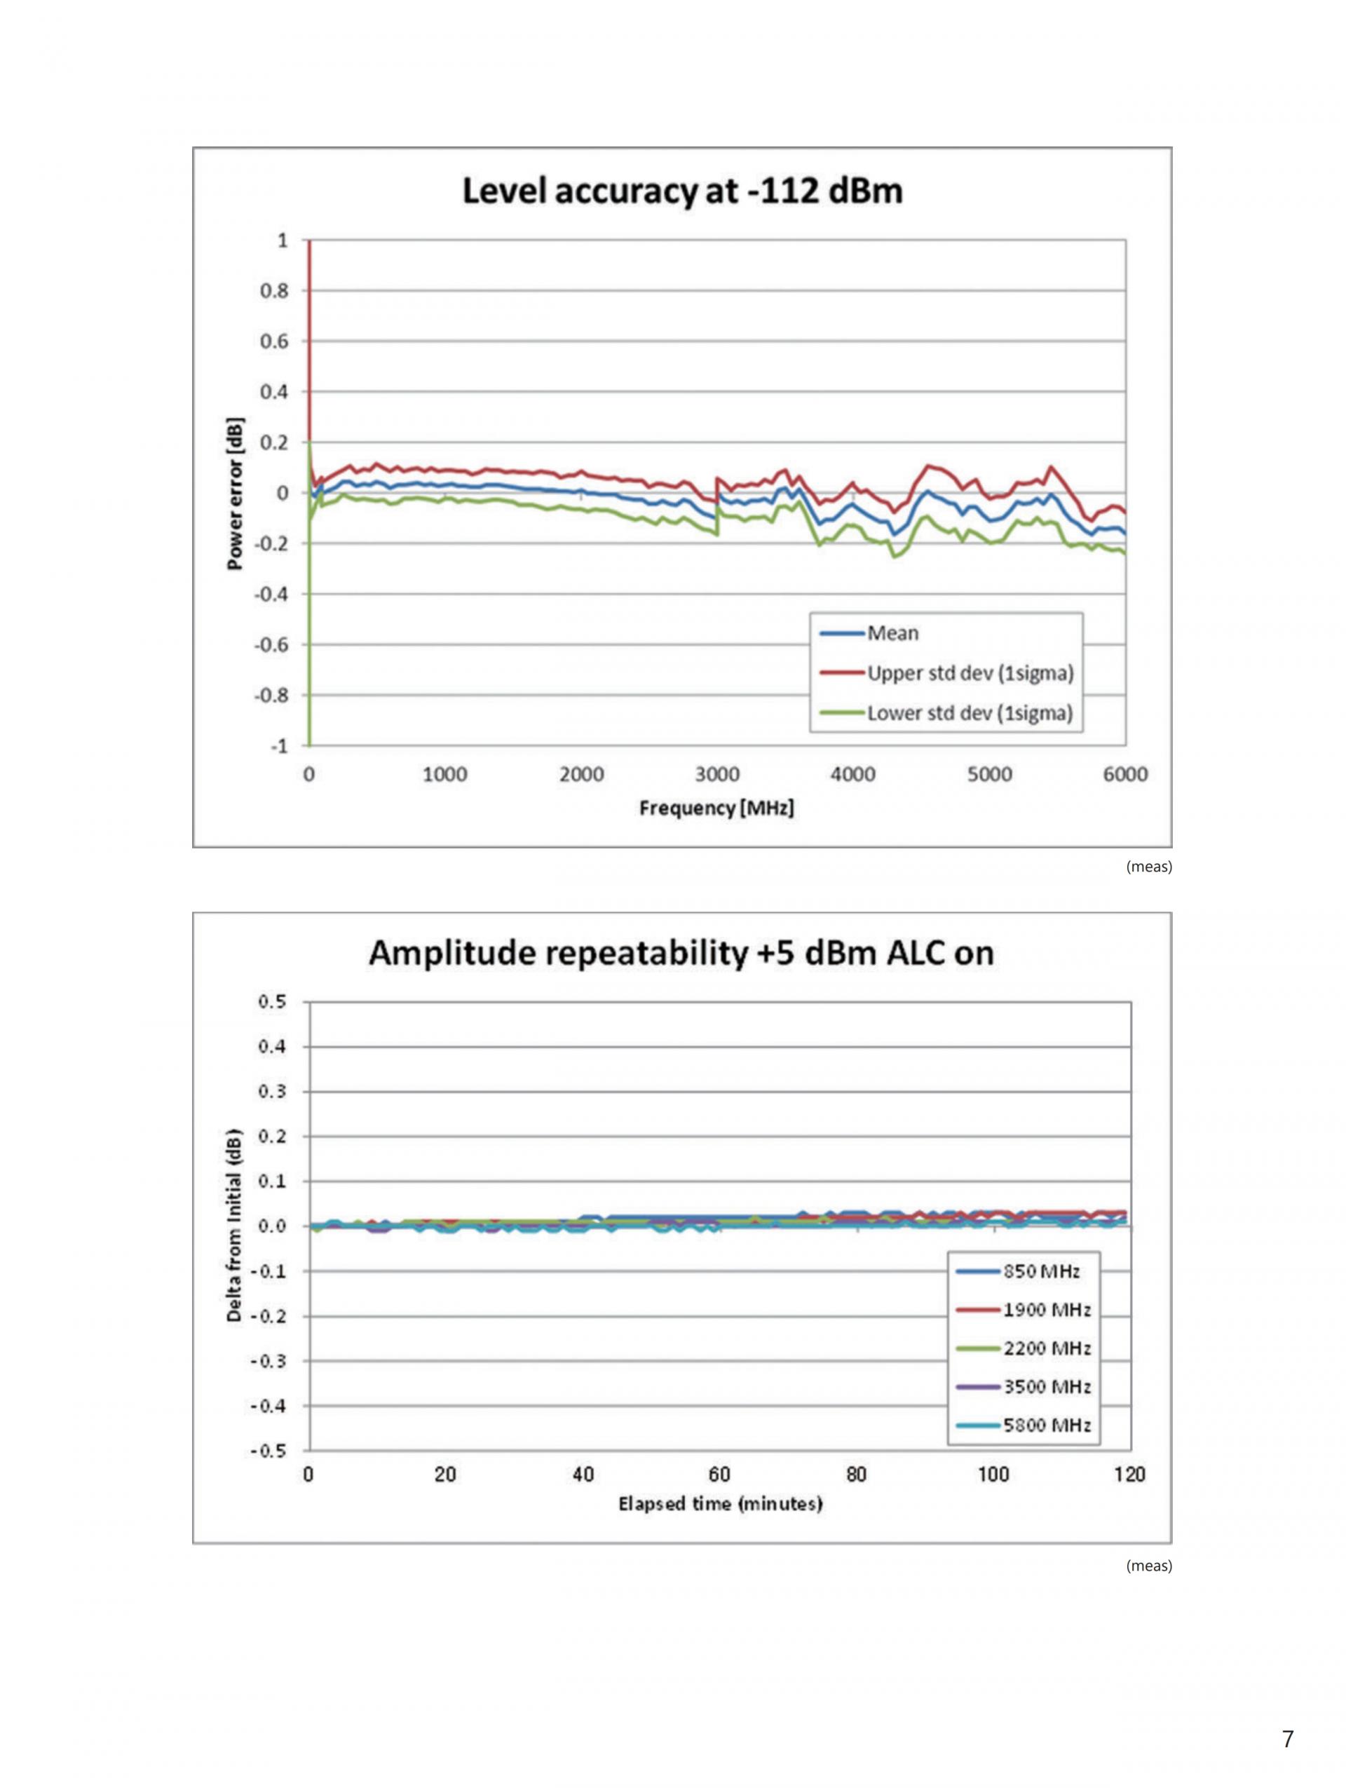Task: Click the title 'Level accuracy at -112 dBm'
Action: point(681,192)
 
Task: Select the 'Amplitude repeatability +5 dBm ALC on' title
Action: point(681,953)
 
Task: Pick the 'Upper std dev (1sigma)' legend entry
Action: point(970,673)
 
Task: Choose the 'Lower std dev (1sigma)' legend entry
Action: point(970,714)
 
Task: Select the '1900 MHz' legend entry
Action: point(1046,1310)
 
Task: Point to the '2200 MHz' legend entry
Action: point(1046,1348)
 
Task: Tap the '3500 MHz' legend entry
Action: point(1046,1387)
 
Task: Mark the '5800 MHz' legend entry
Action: point(1046,1425)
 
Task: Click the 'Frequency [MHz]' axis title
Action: point(716,808)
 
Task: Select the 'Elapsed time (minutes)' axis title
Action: point(720,1503)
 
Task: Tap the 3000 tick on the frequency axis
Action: point(716,774)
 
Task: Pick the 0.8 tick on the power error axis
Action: point(273,291)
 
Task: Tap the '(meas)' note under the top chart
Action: point(1148,867)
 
